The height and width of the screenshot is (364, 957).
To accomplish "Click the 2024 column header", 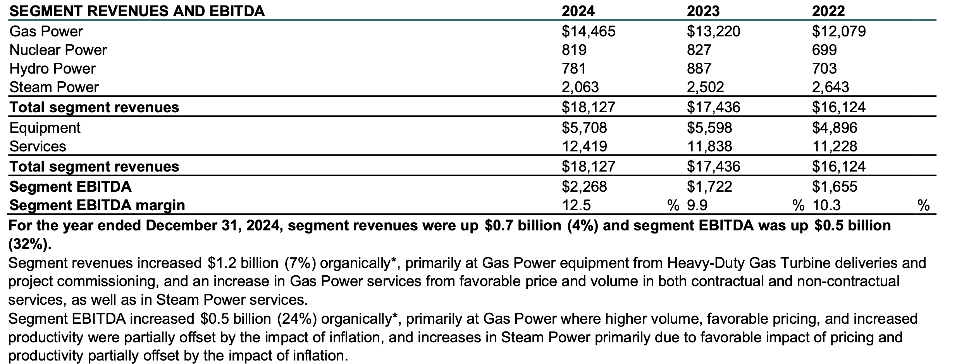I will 578,11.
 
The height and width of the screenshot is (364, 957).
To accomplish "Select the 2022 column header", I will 828,11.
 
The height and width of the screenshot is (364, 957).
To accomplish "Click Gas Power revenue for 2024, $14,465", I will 588,31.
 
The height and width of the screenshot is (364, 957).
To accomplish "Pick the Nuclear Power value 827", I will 699,50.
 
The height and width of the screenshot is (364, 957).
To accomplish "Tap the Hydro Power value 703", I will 824,69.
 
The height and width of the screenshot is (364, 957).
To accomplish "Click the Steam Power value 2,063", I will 580,87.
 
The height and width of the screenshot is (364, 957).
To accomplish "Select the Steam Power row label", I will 54,87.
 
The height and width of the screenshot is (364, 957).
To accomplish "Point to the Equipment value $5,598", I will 709,128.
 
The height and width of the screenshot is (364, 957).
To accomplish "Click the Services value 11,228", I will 834,146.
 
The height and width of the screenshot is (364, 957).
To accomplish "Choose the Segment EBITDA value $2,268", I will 584,187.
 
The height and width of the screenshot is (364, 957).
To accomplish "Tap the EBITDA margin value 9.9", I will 697,205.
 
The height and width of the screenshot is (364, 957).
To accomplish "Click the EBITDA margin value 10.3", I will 826,205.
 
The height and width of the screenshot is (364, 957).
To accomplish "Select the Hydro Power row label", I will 52,69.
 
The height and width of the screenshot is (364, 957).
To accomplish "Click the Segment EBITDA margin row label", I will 97,205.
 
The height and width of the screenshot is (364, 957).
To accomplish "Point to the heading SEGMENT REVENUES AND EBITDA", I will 137,11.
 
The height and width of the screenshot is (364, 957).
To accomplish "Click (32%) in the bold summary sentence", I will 29,244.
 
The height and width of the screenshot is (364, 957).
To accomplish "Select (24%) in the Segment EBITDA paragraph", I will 297,319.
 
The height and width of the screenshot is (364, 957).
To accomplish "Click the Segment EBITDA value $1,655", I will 834,187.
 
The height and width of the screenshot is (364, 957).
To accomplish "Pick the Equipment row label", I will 45,128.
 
